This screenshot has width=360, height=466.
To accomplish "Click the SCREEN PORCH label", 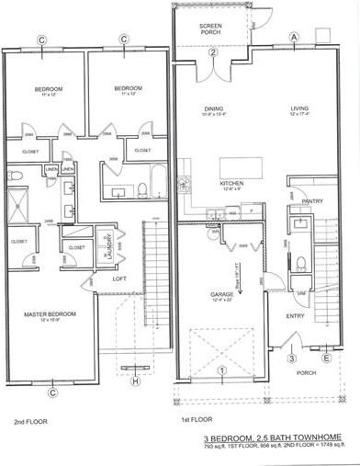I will tap(210, 28).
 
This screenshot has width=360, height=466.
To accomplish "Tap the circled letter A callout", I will tap(295, 37).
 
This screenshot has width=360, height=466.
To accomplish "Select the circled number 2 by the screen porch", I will tap(211, 53).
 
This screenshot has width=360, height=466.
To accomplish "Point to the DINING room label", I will tap(213, 108).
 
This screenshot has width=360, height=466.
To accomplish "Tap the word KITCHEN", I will tap(231, 184).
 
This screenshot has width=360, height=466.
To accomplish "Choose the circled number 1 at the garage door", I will tap(220, 370).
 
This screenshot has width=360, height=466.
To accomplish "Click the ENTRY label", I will tap(294, 315).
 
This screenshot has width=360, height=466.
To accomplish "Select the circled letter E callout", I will tap(327, 358).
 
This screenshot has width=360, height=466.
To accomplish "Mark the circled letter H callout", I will tap(136, 381).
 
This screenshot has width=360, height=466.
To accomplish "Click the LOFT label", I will tap(118, 278).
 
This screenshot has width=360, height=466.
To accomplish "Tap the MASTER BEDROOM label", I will tap(50, 315).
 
